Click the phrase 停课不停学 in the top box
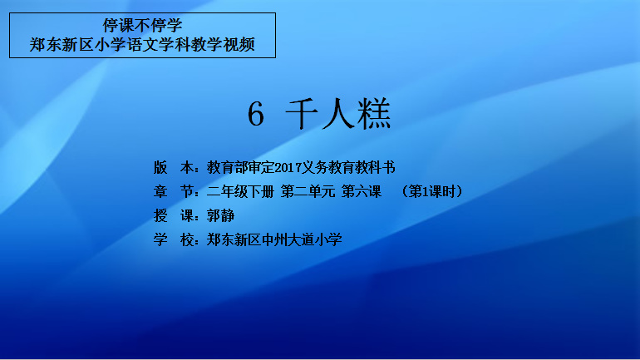(x=142, y=25)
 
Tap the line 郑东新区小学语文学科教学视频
(x=142, y=45)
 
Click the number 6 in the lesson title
(x=256, y=114)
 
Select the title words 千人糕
(x=338, y=114)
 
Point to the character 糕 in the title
(x=374, y=114)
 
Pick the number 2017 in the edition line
(x=288, y=167)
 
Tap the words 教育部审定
(x=240, y=167)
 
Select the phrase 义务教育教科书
(x=348, y=167)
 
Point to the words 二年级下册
(x=240, y=191)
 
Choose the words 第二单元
(x=308, y=191)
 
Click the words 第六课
(x=362, y=191)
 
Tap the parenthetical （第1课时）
(x=432, y=191)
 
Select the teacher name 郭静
(x=220, y=215)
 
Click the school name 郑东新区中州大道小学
(x=274, y=239)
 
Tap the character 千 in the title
(x=302, y=114)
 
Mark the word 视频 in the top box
(x=239, y=45)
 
